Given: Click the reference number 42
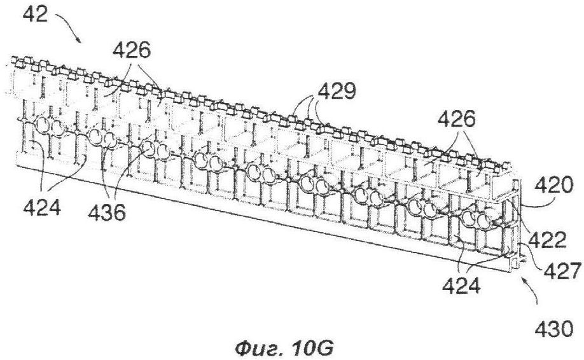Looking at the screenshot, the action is pos(35,15).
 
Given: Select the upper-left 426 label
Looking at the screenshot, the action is pos(132,50).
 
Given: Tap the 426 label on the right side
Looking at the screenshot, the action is pos(457,120).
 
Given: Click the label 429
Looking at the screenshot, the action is pos(337,92).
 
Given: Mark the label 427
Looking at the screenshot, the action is pos(562,271).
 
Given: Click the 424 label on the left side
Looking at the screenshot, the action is pos(42,208).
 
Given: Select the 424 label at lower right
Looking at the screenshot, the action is pos(461,286).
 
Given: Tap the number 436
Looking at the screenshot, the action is pos(108,213).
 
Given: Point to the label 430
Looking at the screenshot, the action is pos(554,329).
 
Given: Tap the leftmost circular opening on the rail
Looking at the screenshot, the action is pos(43,125).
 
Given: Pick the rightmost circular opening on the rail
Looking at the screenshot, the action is pos(485,221).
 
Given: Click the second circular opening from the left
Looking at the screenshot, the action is pos(58,128).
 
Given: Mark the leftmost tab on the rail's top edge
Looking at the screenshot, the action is pos(15,60).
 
